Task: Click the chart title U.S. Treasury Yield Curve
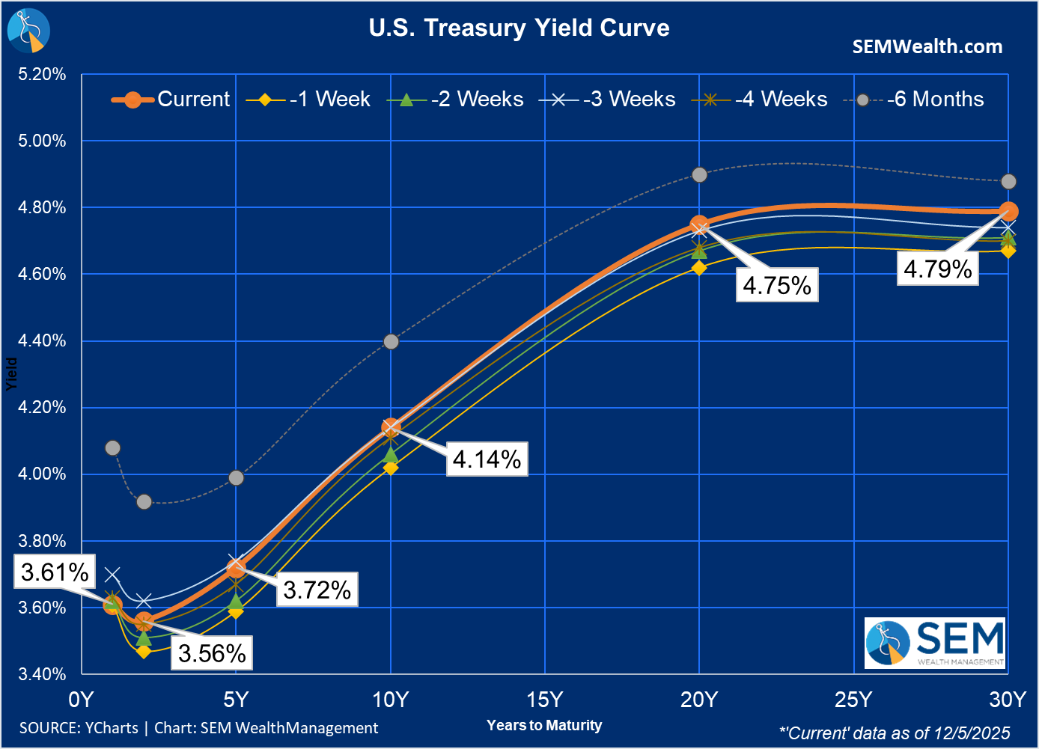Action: point(519,28)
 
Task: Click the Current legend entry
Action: point(171,100)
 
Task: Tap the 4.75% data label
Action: point(777,285)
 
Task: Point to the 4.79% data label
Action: point(937,269)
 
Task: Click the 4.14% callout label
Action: point(487,459)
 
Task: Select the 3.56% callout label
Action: point(212,653)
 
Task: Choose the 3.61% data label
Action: point(55,572)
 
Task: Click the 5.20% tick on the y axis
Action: point(42,74)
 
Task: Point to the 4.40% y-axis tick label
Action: point(42,340)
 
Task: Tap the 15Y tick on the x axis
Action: point(544,700)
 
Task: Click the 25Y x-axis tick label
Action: point(853,700)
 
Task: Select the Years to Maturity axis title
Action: point(544,725)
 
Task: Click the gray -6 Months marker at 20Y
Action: point(699,174)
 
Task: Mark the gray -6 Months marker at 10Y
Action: point(391,342)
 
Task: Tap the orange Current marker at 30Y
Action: point(1008,211)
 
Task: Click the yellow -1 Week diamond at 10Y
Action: point(391,468)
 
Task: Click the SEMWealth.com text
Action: point(927,46)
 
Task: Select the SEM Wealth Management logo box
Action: point(935,643)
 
